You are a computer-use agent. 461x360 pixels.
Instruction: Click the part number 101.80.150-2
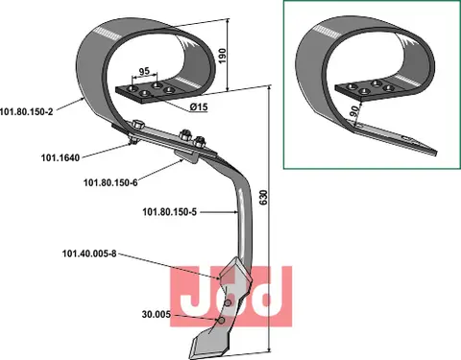[26, 111]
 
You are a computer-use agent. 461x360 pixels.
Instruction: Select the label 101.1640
[61, 157]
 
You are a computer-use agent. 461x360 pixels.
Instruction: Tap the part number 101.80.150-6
[110, 182]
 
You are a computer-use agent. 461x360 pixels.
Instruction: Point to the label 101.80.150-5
[169, 212]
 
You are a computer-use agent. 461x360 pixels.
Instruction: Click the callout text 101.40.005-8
[89, 254]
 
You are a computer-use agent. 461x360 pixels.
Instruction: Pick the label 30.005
[157, 315]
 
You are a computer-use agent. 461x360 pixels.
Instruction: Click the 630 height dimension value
[263, 198]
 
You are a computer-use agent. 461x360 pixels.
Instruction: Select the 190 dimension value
[223, 56]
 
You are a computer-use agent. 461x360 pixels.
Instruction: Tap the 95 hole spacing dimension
[145, 71]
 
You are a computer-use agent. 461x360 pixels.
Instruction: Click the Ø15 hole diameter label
[198, 108]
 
